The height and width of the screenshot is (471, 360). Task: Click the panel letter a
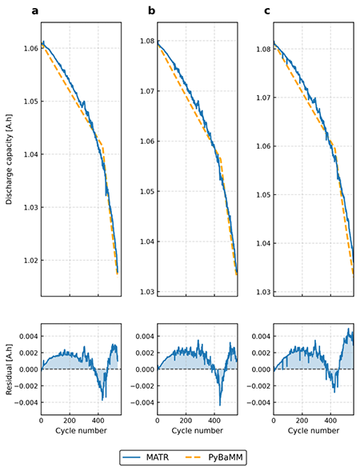pyautogui.click(x=35, y=11)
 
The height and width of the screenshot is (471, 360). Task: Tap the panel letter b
pyautogui.click(x=151, y=11)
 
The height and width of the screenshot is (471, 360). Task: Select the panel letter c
pyautogui.click(x=267, y=11)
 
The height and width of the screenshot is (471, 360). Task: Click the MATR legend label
pyautogui.click(x=158, y=457)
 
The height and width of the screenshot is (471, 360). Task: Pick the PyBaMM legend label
pyautogui.click(x=226, y=457)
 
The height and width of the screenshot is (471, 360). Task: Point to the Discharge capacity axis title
pyautogui.click(x=9, y=159)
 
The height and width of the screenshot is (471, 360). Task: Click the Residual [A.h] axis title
pyautogui.click(x=9, y=369)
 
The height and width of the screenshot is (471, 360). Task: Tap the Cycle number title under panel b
pyautogui.click(x=197, y=430)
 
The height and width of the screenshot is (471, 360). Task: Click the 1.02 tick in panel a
pyautogui.click(x=31, y=260)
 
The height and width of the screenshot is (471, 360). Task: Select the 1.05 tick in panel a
pyautogui.click(x=31, y=102)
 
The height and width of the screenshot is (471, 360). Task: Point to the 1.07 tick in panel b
pyautogui.click(x=147, y=90)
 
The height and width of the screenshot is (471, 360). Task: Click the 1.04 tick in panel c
pyautogui.click(x=263, y=243)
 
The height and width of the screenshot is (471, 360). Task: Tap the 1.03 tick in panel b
pyautogui.click(x=147, y=291)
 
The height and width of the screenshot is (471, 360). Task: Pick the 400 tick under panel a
pyautogui.click(x=98, y=421)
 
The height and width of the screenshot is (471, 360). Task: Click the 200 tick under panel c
pyautogui.click(x=302, y=421)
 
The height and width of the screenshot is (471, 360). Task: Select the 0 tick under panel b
pyautogui.click(x=158, y=421)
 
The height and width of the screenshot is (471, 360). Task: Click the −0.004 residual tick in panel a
pyautogui.click(x=26, y=402)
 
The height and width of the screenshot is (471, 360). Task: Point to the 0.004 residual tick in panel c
pyautogui.click(x=261, y=336)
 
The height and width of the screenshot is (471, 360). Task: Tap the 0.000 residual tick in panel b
pyautogui.click(x=145, y=369)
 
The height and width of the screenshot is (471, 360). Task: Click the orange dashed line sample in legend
pyautogui.click(x=192, y=457)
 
